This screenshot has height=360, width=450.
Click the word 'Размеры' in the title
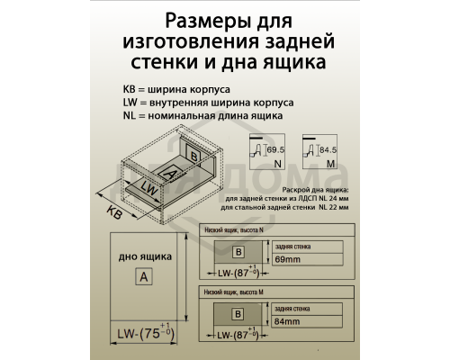[184, 21]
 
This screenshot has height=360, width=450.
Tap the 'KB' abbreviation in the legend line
[130, 89]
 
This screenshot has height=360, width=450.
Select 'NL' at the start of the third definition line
[130, 116]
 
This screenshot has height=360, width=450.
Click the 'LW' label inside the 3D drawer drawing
[149, 190]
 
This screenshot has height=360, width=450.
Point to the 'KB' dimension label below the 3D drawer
[113, 212]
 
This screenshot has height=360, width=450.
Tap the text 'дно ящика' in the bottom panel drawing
[140, 256]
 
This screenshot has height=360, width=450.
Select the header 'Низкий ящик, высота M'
[235, 292]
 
